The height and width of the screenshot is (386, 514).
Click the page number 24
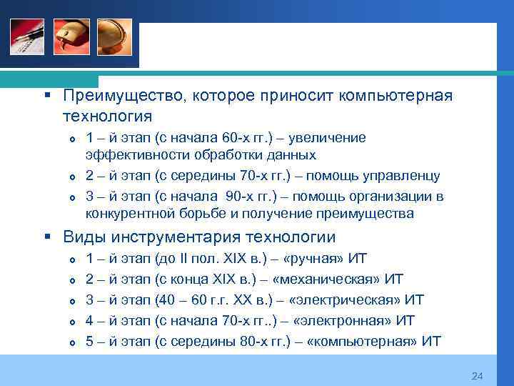tap(478, 376)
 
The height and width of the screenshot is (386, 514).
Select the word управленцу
tap(401, 176)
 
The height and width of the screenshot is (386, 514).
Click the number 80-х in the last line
tap(248, 342)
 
